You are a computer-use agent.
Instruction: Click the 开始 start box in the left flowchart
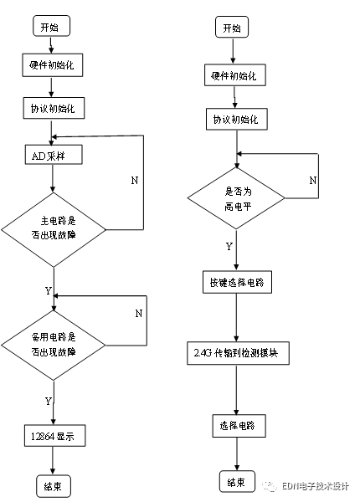coord(52,27)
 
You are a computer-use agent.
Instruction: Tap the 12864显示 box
coord(53,436)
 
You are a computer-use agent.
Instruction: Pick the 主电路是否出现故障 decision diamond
coord(53,228)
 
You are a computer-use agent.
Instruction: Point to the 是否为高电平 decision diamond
coord(235,197)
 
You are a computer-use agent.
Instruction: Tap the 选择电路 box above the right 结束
coord(237,426)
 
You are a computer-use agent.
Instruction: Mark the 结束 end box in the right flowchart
coord(236,482)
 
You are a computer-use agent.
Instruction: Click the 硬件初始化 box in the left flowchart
coord(53,64)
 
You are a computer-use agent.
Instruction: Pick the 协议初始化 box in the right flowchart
coord(235,119)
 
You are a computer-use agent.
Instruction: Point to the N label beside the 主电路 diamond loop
coord(133,181)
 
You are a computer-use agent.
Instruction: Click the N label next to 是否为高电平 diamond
coord(312,181)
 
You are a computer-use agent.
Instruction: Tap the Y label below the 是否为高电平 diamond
coord(228,247)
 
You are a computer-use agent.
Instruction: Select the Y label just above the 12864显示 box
coord(48,401)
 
